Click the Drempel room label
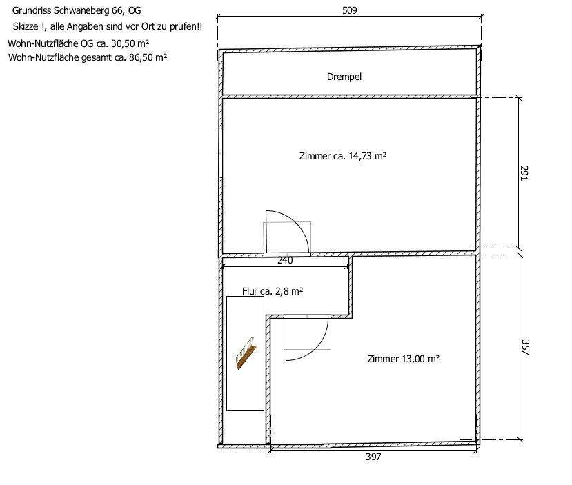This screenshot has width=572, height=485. [344, 77]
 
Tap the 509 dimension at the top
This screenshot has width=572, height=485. [349, 10]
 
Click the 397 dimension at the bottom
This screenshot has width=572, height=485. [373, 457]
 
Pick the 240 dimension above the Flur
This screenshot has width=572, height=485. [285, 261]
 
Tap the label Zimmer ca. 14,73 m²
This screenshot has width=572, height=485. [342, 156]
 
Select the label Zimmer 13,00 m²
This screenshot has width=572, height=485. [404, 359]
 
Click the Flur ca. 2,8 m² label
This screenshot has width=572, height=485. [273, 292]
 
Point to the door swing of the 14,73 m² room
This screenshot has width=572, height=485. [288, 232]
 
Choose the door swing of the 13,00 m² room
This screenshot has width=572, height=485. [307, 337]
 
